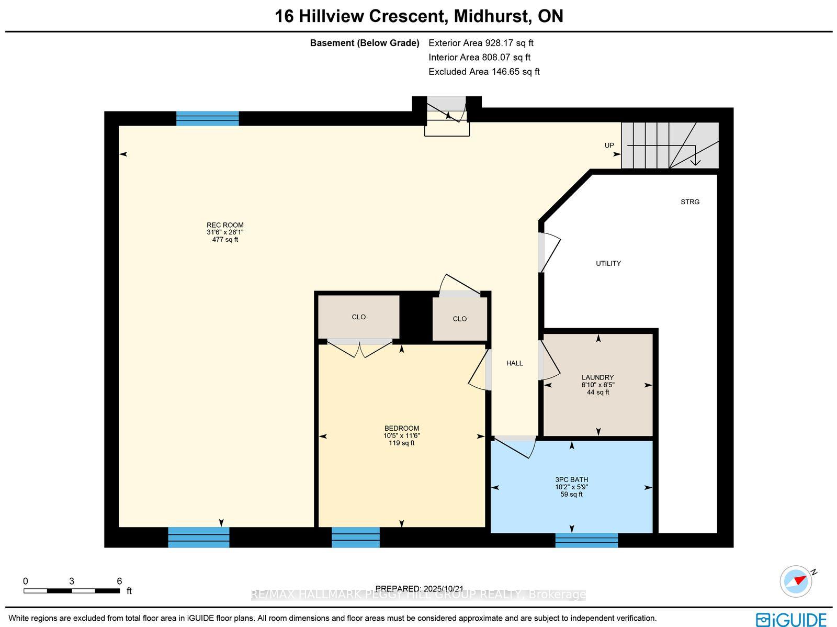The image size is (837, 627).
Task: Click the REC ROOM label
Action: coord(225,225)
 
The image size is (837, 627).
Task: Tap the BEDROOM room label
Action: coord(402,428)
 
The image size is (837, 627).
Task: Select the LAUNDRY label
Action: coord(597,377)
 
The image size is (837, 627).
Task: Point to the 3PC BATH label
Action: coord(572,480)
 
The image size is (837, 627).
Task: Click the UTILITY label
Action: coord(608,264)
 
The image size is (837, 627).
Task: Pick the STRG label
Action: coord(690,201)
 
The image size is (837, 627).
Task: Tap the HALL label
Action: coord(514,363)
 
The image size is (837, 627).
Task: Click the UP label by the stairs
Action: coord(609,145)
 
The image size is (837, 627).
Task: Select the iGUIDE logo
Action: coord(791,619)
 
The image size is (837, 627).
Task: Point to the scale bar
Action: coord(72,591)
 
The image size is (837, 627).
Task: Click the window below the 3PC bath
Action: coord(586,541)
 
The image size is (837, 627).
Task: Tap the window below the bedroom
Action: coord(356,538)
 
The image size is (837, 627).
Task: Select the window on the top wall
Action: coord(208,119)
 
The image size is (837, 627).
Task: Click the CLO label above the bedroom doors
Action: coord(358,317)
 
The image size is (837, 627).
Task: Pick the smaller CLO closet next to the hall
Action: coord(459,319)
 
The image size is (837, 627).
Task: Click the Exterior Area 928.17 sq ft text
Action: coord(481,43)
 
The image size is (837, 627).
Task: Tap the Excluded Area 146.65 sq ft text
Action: coord(484,72)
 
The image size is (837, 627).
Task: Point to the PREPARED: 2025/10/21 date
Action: coord(420,589)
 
